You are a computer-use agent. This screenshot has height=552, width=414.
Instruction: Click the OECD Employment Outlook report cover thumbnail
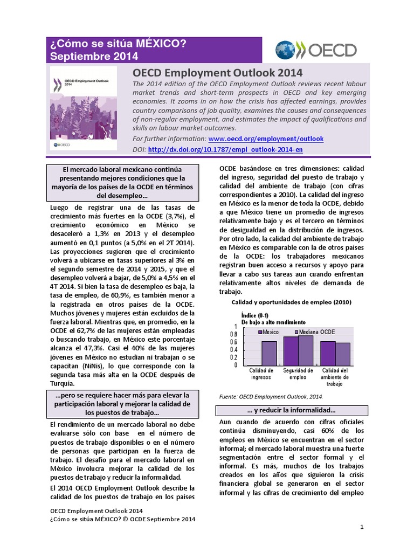(x=84, y=107)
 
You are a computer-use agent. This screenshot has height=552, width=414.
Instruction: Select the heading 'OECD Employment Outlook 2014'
(x=217, y=72)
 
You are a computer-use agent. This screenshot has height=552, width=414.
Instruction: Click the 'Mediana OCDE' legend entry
(x=316, y=332)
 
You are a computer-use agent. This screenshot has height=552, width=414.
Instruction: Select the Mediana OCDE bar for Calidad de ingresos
(x=269, y=353)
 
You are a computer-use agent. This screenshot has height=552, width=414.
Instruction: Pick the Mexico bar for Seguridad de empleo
(x=291, y=350)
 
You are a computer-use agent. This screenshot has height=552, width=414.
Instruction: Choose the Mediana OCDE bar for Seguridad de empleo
(x=306, y=350)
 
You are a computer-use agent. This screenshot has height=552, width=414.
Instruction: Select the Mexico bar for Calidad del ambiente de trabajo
(x=328, y=353)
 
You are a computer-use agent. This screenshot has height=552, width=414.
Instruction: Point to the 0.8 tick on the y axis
(x=233, y=334)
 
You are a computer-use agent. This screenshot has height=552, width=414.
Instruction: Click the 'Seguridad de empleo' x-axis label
(x=298, y=374)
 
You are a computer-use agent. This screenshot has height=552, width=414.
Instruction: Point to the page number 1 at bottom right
(x=362, y=526)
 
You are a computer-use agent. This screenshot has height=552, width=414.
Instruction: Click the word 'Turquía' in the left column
(x=64, y=383)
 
